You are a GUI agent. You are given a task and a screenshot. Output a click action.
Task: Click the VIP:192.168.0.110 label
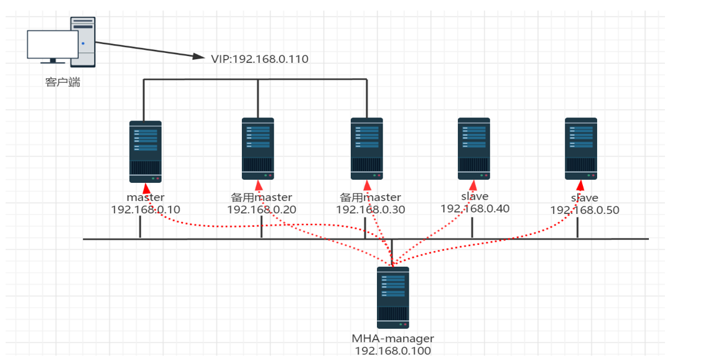(259, 59)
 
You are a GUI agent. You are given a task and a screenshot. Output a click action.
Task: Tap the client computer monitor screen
(53, 44)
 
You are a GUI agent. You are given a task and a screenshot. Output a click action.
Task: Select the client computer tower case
(83, 42)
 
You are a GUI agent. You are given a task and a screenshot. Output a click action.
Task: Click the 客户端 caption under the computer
(63, 82)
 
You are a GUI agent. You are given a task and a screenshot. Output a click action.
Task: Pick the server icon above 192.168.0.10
(146, 152)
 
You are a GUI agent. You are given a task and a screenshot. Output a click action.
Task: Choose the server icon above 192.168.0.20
(258, 149)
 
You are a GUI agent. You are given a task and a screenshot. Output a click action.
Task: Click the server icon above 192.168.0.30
(367, 149)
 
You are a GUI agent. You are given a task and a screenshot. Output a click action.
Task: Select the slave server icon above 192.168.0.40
(474, 149)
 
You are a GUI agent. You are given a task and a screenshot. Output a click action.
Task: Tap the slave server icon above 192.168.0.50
(581, 149)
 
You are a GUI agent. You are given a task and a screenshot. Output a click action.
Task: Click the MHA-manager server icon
(393, 297)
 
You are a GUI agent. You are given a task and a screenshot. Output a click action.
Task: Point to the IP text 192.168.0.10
(146, 210)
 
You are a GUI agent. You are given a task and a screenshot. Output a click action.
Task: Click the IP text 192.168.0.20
(262, 210)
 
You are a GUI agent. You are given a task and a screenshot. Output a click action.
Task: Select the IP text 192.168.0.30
(371, 210)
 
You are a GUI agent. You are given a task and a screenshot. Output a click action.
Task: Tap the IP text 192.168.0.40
(475, 208)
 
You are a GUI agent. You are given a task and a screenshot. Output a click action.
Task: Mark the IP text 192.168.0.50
(585, 210)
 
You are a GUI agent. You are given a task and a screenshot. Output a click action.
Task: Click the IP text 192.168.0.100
(393, 351)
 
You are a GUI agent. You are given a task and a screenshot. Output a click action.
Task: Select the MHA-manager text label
(393, 339)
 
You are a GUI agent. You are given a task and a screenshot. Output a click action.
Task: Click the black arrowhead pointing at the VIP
(198, 56)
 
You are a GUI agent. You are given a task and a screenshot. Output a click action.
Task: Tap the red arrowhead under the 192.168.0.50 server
(580, 185)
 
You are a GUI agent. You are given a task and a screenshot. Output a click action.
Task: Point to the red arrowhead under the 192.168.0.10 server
(146, 188)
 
